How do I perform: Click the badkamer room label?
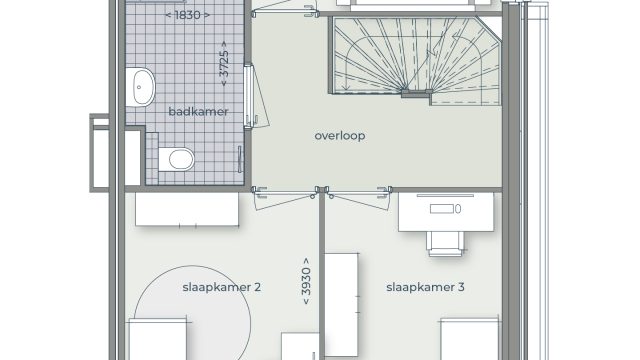pos(198,111)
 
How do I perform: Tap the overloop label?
pos(340,136)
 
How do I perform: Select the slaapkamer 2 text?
pos(221,287)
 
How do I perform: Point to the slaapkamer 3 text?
pos(425,287)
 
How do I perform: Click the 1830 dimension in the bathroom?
pos(188,15)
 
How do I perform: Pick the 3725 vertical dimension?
pos(224,64)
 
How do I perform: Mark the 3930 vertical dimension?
pos(306,281)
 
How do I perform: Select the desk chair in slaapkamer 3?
pos(445,243)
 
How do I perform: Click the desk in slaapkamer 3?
pos(446,213)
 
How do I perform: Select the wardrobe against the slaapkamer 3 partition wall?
pos(342,304)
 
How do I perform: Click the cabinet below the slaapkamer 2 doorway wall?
pos(187,209)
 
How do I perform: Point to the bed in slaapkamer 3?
pos(469,340)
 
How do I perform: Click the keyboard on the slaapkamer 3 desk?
pos(442,209)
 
